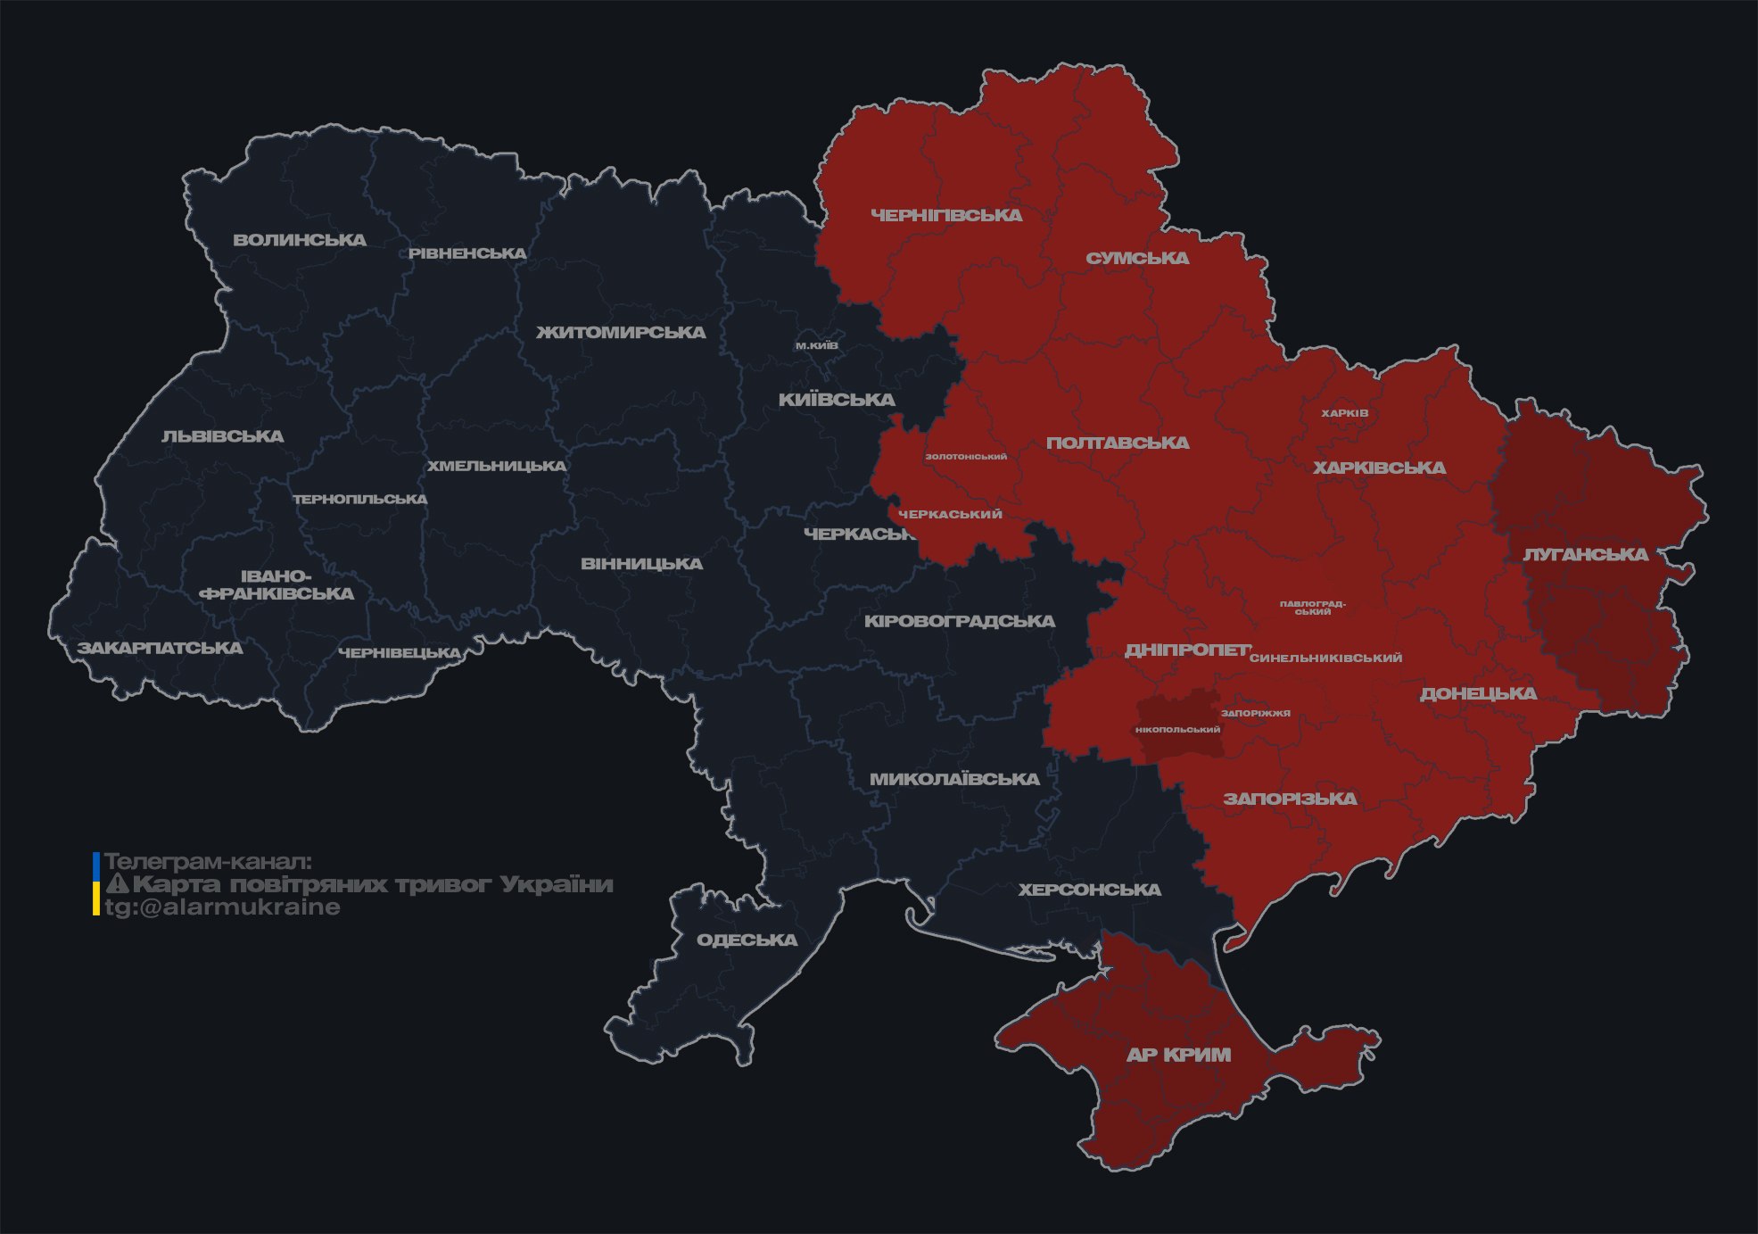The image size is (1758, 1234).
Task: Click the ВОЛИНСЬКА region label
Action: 300,240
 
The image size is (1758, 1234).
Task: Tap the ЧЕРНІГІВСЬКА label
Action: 946,215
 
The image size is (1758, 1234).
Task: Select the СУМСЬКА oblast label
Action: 1137,259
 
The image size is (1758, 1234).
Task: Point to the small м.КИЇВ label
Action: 817,345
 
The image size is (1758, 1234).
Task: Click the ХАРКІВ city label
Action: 1344,413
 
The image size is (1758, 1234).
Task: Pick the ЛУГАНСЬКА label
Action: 1585,555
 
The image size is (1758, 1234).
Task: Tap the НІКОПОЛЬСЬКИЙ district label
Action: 1177,729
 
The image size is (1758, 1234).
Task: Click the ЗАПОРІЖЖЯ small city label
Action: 1256,713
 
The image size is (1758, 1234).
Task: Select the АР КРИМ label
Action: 1178,1055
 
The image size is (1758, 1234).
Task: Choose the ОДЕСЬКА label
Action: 747,940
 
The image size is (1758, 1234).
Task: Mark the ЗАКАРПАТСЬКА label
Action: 160,648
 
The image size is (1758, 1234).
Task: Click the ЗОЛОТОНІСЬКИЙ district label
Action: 966,457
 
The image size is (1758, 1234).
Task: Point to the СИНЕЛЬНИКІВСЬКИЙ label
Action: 1325,658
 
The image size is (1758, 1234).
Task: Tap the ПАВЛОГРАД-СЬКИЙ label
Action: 1312,608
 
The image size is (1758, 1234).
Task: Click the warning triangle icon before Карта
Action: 117,884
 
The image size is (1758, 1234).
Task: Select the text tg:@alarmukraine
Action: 222,907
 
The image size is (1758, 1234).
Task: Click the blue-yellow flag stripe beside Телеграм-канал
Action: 96,884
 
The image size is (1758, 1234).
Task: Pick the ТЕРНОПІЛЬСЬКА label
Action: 360,500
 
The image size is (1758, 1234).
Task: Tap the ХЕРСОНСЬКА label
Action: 1089,890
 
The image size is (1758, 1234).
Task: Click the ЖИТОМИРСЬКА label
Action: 621,333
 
